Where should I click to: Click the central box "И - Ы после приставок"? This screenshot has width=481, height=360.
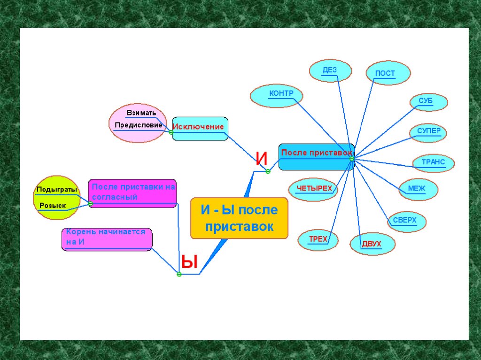click(239, 218)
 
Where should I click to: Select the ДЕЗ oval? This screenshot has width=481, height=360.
click(330, 71)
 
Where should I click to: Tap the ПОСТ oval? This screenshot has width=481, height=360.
click(388, 73)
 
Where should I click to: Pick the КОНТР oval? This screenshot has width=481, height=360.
click(277, 95)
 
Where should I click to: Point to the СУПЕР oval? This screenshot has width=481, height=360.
click(428, 133)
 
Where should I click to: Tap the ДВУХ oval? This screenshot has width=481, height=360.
click(372, 244)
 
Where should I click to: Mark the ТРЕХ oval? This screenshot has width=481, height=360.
click(318, 240)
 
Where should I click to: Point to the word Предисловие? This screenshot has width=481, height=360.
click(138, 125)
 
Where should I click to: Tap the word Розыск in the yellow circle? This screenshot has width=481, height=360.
click(53, 206)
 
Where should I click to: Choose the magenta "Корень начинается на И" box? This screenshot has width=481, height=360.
click(107, 239)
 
